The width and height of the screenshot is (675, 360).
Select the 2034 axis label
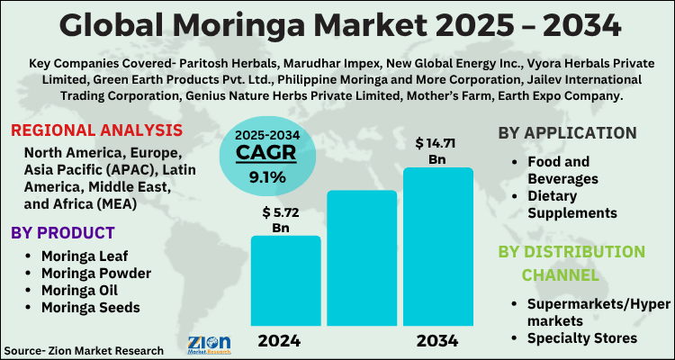(437, 341)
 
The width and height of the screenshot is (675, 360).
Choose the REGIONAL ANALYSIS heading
(98, 130)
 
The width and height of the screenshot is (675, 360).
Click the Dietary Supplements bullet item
(572, 204)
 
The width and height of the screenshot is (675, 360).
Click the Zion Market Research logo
(209, 344)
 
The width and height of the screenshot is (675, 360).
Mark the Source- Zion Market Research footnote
(84, 349)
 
